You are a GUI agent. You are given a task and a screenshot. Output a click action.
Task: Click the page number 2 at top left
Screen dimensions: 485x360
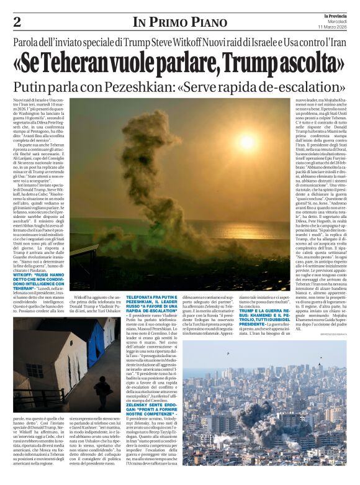17,22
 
